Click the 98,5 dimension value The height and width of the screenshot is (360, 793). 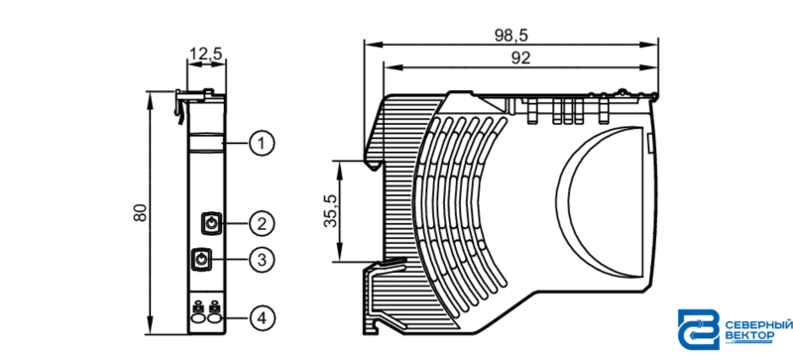click(x=510, y=36)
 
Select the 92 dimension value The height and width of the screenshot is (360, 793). click(x=520, y=59)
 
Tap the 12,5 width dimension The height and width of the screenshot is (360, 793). click(x=206, y=54)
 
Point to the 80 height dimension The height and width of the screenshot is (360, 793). click(x=140, y=212)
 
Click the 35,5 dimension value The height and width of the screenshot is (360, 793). click(x=331, y=210)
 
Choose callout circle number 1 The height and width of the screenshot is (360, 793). click(x=262, y=144)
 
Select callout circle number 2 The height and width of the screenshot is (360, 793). click(x=262, y=223)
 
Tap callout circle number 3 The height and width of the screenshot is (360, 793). click(x=262, y=260)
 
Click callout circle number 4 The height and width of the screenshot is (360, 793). click(x=262, y=318)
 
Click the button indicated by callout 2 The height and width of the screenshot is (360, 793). click(x=211, y=223)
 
